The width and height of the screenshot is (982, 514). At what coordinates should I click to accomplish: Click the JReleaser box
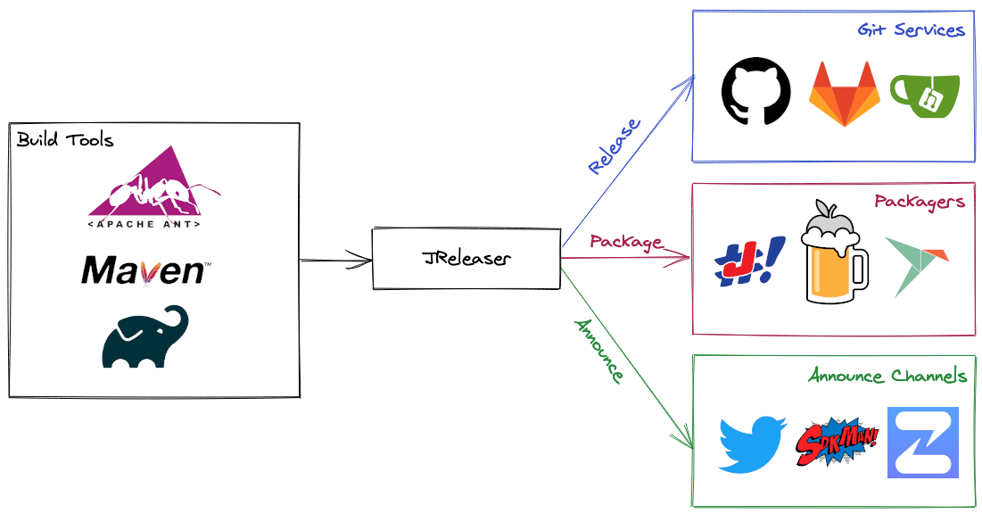tap(466, 259)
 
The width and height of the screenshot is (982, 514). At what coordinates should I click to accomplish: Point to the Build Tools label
tap(65, 140)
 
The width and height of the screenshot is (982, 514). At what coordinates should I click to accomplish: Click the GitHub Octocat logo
tap(755, 92)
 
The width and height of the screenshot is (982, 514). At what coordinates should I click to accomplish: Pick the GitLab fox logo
tap(844, 94)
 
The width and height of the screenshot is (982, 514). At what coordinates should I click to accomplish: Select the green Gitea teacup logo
tap(925, 95)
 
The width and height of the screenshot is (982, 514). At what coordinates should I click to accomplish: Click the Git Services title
tap(911, 30)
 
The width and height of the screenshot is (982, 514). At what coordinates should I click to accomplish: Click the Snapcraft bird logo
tap(916, 266)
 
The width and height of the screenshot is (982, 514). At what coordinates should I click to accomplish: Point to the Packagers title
tap(919, 202)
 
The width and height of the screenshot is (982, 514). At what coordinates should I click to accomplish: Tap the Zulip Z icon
tap(922, 443)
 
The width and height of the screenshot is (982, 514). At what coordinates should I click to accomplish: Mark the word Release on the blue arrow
tap(615, 145)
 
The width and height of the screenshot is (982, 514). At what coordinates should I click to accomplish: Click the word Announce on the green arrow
tap(598, 351)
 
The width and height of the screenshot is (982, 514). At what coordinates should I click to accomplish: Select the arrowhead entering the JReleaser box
tap(364, 260)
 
